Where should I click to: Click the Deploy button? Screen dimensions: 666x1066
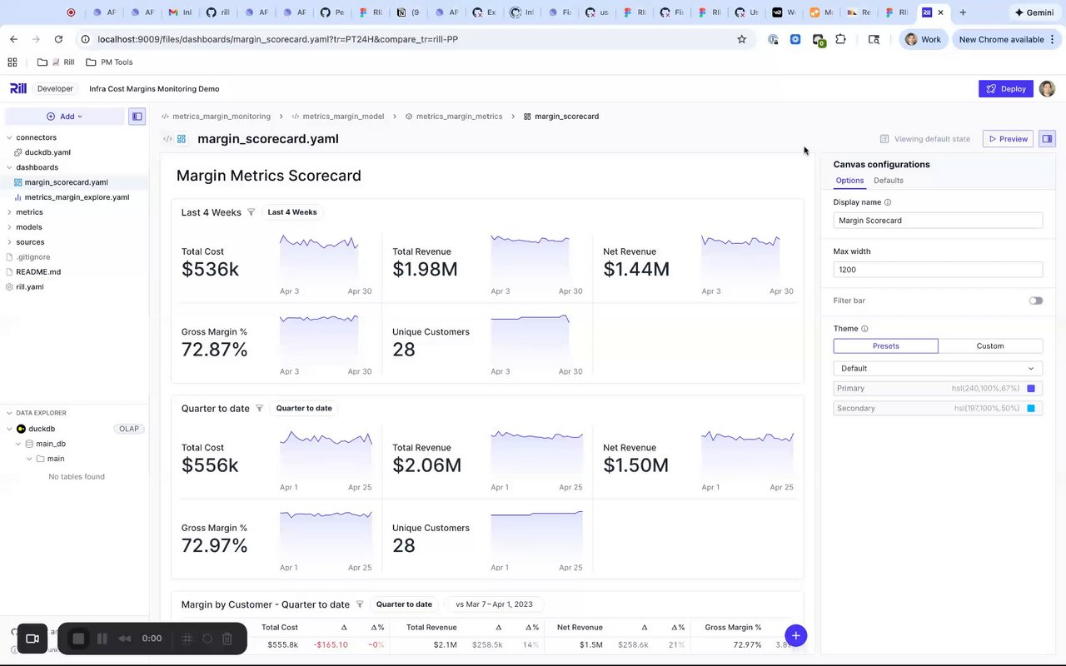pos(1005,89)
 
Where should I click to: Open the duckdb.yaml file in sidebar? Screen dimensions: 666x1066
pos(47,152)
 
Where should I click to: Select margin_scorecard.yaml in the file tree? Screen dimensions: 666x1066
pos(66,182)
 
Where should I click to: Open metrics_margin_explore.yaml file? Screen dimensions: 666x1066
pos(77,197)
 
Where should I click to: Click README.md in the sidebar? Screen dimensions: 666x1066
pos(38,272)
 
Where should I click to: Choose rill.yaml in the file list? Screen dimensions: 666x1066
pos(30,287)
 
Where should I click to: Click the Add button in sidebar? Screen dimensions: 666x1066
pos(65,117)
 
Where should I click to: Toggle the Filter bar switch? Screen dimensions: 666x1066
pos(1035,301)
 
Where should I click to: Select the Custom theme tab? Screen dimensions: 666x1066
pos(989,346)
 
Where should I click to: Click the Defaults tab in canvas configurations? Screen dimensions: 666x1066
pos(888,181)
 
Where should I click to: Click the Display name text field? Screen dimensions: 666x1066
pos(937,221)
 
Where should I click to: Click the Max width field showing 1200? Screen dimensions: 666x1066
pos(937,270)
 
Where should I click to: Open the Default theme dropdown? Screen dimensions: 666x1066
pos(937,369)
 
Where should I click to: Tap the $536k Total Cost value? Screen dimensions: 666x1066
pos(210,270)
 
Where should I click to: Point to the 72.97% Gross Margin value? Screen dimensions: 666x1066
pos(214,546)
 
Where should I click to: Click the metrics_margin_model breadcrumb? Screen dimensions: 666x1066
pos(343,117)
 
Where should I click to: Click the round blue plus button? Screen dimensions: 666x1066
pos(795,636)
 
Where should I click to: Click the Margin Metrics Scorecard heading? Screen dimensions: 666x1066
pos(268,176)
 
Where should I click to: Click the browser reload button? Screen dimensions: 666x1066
pos(58,39)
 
